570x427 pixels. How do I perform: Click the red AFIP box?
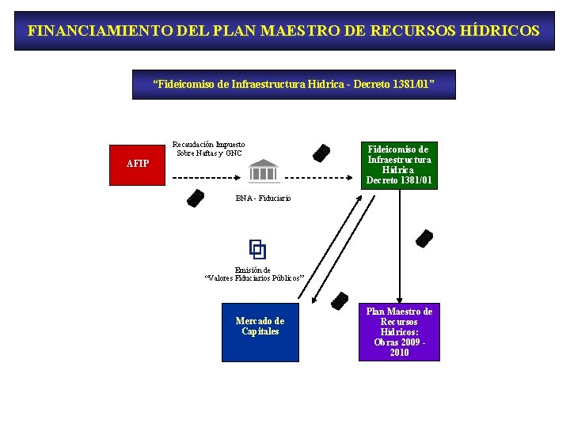click(x=138, y=164)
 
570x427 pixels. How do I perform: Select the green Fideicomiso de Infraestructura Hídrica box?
click(x=399, y=164)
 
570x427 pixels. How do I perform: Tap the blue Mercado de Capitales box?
click(x=260, y=332)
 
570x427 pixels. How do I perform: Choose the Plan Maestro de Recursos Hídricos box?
click(x=399, y=332)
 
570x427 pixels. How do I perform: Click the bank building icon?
click(x=264, y=170)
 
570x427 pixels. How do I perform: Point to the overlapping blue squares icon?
click(x=257, y=250)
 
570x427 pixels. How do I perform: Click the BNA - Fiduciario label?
click(x=263, y=198)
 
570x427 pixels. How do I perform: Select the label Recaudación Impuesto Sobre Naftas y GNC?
click(x=209, y=149)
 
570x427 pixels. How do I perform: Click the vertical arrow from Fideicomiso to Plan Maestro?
click(x=399, y=245)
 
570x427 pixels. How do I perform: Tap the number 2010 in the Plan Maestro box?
click(x=399, y=353)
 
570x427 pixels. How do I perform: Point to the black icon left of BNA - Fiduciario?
click(x=195, y=198)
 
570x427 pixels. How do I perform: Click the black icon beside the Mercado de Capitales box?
click(x=340, y=300)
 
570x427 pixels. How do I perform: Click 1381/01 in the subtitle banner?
click(x=408, y=84)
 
